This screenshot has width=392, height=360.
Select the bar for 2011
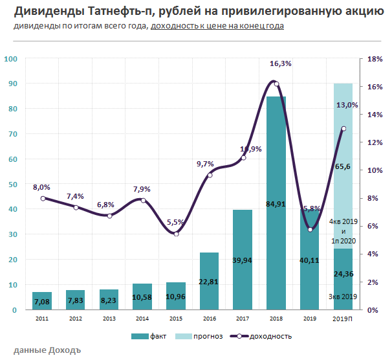coord(42,300)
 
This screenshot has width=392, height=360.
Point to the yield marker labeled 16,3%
coord(276,84)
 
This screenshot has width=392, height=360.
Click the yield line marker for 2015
coord(176,234)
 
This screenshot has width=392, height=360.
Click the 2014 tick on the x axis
coord(142,319)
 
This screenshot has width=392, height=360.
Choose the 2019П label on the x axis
coord(343,319)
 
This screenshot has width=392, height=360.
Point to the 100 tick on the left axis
coord(11,59)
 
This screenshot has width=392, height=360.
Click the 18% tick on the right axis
coord(375,59)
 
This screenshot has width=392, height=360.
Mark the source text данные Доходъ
coord(47,351)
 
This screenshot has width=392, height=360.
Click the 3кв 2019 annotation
coord(343,297)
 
